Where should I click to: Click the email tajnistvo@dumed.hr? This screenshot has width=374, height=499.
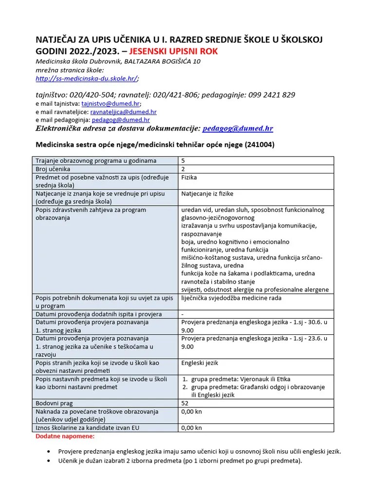(110, 104)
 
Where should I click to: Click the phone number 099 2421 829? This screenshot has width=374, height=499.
(272, 95)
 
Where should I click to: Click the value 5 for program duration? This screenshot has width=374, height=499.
(183, 161)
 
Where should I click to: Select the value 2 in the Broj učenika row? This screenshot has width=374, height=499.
(183, 169)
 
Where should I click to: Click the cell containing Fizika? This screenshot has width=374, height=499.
(189, 178)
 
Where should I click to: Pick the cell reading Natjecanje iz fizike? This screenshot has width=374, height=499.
(207, 194)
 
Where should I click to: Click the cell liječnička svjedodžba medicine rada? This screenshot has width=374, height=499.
(231, 298)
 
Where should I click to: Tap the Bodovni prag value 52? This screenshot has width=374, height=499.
(185, 403)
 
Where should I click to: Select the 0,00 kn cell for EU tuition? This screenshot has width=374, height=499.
(191, 428)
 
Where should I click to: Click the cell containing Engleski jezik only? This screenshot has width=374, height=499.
(200, 363)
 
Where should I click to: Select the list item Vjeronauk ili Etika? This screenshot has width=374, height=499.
(242, 379)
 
